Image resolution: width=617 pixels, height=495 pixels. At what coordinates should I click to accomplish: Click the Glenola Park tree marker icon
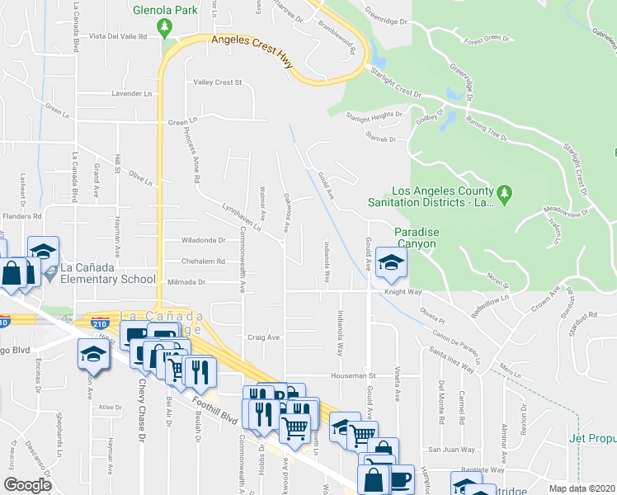[x=165, y=28]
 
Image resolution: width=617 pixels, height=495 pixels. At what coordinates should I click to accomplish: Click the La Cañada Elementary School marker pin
[x=51, y=272]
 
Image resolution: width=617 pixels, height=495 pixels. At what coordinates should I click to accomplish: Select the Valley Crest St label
[x=217, y=82]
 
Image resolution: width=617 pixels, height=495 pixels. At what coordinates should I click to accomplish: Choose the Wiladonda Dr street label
[x=204, y=241]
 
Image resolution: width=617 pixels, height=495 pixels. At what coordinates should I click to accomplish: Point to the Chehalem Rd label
[x=204, y=262]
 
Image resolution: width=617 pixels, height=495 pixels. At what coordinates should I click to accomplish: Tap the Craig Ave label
[x=264, y=337]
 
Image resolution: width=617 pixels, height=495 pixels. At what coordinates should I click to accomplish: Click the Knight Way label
[x=403, y=292]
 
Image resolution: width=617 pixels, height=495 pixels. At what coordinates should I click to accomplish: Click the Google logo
[x=27, y=485]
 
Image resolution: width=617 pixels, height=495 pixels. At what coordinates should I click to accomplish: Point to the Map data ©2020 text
[x=582, y=488]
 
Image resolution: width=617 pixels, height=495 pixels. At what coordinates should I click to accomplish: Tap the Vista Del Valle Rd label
[x=117, y=37]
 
